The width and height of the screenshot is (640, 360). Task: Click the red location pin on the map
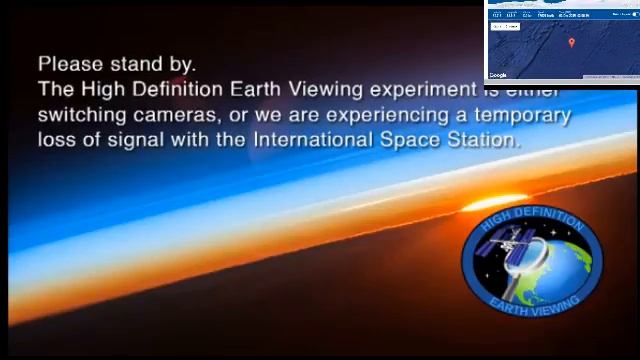571,43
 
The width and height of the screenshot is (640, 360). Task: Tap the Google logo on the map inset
498,75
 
